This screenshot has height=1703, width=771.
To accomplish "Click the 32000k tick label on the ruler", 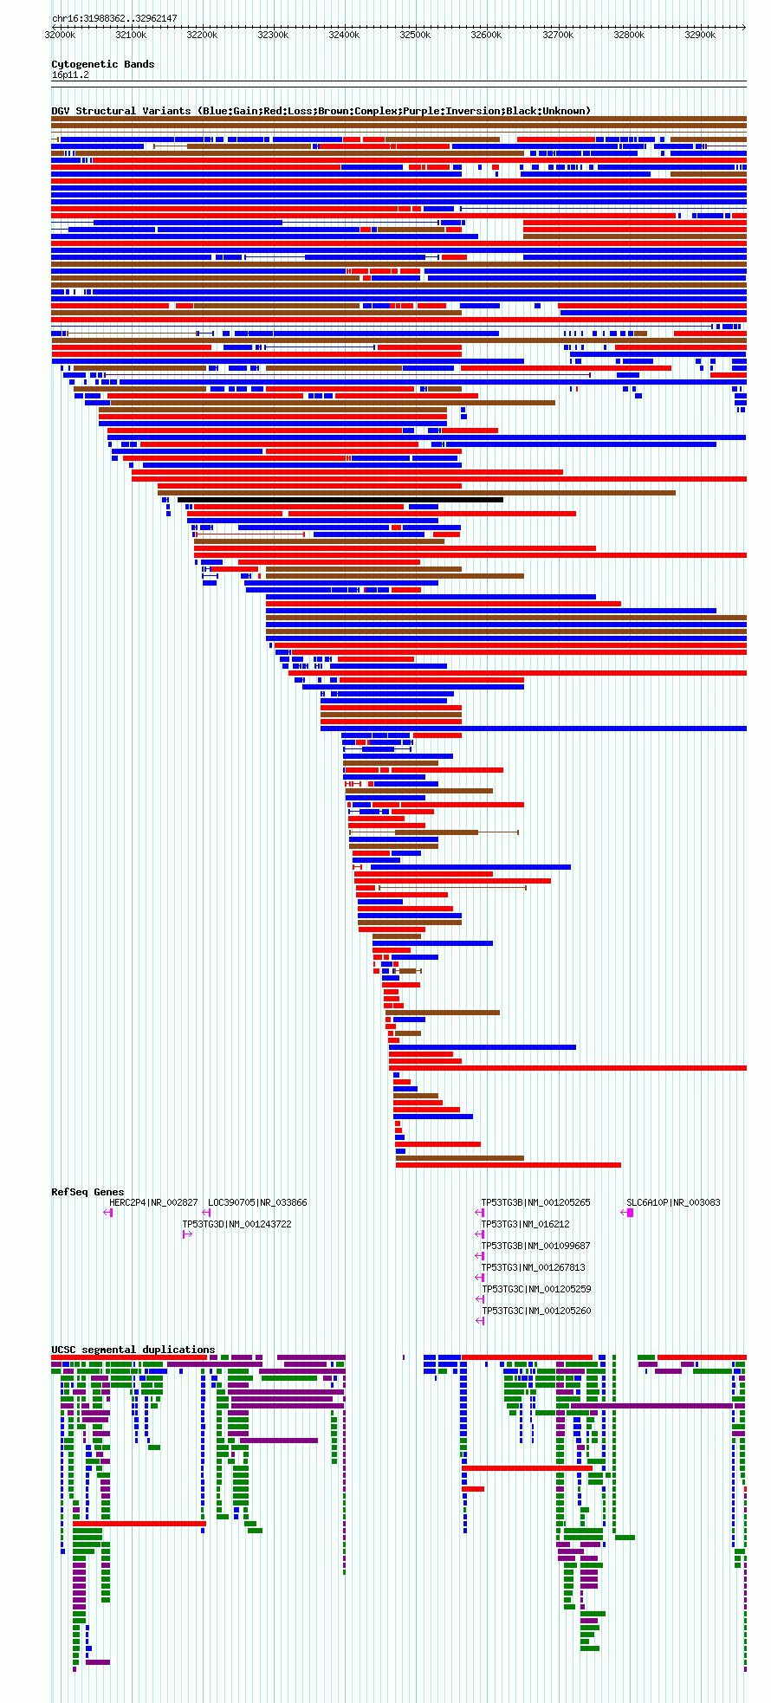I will [60, 35].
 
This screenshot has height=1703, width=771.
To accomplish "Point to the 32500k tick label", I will [415, 35].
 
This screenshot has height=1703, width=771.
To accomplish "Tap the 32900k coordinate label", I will [700, 35].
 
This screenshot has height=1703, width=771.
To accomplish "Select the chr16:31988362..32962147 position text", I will [114, 18].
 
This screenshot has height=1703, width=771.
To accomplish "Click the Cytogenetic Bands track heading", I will [102, 64].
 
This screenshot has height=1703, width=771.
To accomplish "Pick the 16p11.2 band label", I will [70, 74].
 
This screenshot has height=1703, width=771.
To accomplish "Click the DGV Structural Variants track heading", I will [321, 111].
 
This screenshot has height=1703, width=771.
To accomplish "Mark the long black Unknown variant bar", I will [340, 500].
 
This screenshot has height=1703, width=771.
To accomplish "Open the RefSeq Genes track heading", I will [87, 1192].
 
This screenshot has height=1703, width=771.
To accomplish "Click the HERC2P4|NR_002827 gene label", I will [153, 1202].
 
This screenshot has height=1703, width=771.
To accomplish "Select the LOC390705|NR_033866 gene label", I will [257, 1202].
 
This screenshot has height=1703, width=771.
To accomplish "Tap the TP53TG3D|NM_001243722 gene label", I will [236, 1224].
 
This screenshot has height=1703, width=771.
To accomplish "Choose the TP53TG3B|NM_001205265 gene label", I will [535, 1202].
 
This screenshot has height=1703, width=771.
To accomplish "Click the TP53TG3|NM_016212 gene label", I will [525, 1224].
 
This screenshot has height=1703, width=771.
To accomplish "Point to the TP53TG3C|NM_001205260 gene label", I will [535, 1311].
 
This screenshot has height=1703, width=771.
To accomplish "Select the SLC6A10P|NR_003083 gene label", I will [673, 1202].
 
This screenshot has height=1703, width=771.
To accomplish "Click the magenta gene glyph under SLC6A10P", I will [629, 1213].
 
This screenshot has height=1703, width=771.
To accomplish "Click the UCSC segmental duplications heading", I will [133, 1350].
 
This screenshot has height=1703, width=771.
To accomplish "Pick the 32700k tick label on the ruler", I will [558, 35].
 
